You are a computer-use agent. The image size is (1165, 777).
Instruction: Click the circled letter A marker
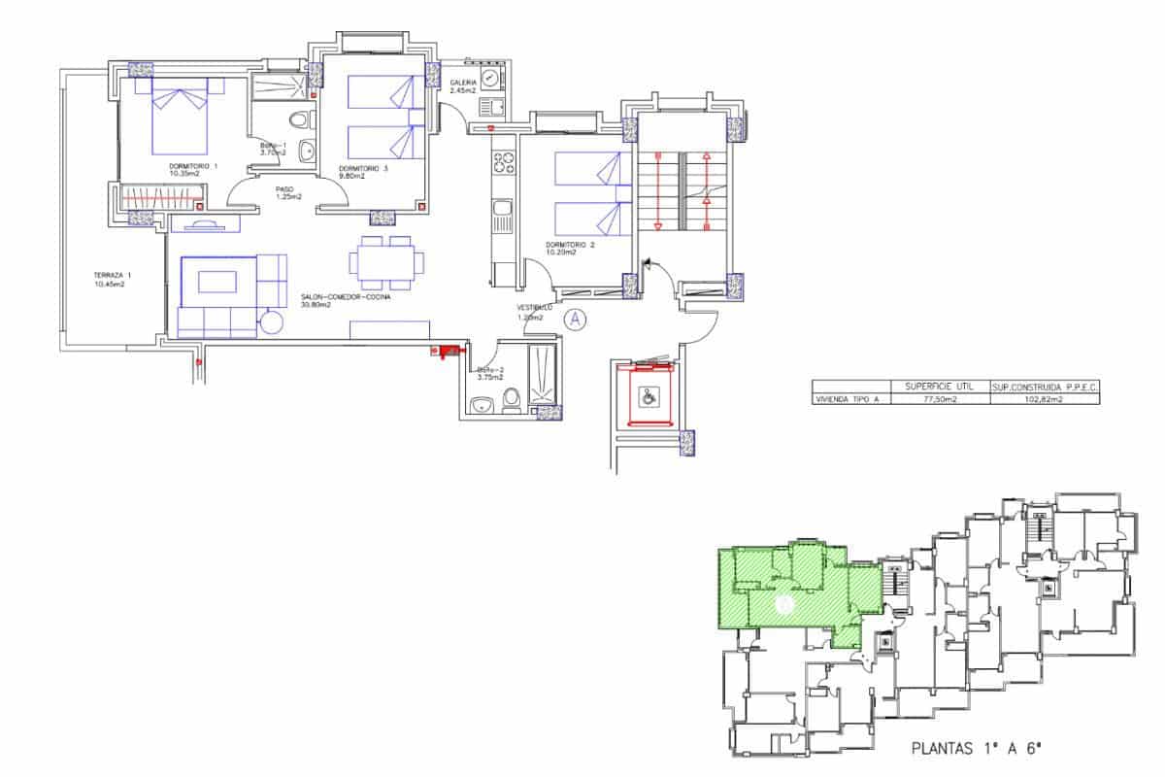point(575,318)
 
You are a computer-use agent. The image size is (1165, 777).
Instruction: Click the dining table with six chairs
point(386,262)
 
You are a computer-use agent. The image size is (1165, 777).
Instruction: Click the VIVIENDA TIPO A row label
point(848,399)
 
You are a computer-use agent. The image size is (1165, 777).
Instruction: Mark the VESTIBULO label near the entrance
point(534,312)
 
